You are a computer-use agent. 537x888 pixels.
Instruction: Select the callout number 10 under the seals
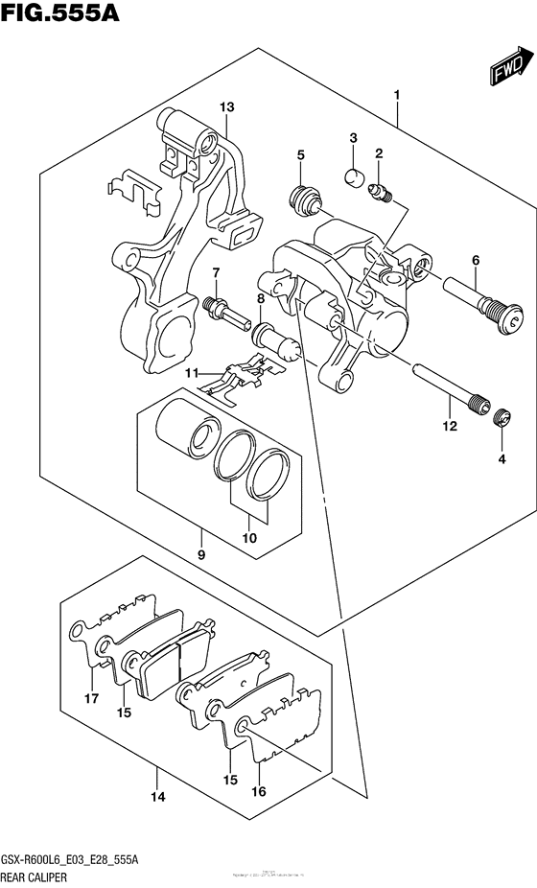pos(249,539)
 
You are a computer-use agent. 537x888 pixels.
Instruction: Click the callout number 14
pos(158,797)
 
